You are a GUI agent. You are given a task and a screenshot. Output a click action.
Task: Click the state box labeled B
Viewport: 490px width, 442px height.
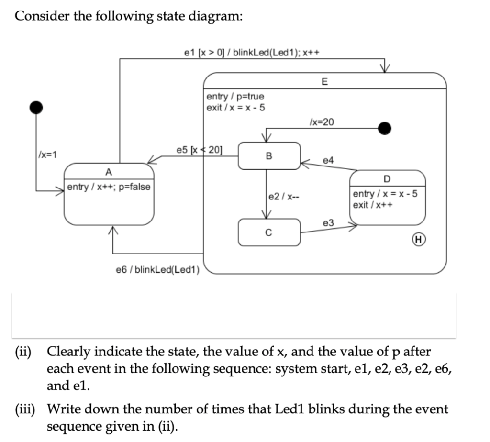(x=269, y=155)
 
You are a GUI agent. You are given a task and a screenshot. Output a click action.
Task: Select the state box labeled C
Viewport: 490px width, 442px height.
(x=269, y=232)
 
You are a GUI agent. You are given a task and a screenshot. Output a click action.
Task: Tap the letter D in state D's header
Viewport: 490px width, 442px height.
(x=387, y=178)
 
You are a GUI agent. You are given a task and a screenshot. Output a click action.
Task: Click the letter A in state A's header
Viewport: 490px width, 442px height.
(x=109, y=172)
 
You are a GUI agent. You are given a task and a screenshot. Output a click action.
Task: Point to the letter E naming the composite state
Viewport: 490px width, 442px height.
(x=325, y=82)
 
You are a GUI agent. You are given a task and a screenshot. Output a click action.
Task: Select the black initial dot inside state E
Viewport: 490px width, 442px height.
(x=384, y=128)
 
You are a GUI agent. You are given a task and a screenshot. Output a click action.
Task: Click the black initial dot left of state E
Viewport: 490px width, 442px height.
(x=36, y=107)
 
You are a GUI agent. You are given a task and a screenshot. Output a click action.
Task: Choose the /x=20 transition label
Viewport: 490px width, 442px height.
(x=322, y=122)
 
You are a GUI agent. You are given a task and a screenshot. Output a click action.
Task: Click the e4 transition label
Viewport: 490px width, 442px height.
(x=328, y=161)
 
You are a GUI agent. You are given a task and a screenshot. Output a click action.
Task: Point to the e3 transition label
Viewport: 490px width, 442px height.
(x=329, y=223)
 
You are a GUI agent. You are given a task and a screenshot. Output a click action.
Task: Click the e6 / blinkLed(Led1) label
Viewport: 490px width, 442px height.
(x=157, y=270)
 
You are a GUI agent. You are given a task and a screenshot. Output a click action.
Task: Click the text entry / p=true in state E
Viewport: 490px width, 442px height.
(x=235, y=97)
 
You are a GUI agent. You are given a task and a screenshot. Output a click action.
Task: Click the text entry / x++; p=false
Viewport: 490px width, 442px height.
(x=109, y=187)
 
